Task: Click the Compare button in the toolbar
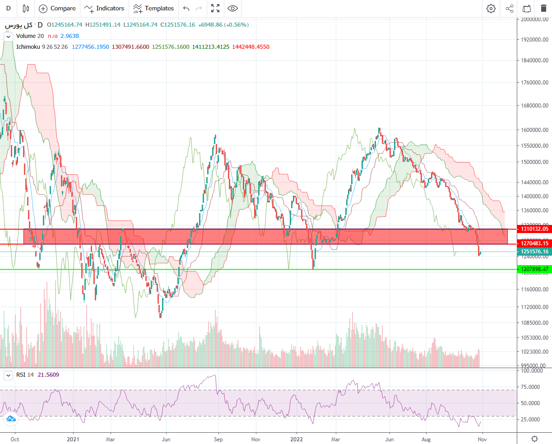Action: coord(57,9)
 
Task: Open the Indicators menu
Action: coord(104,9)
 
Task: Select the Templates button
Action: coord(153,9)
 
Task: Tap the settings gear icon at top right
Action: coord(491,9)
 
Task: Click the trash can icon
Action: coord(543,9)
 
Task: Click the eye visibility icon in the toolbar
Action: coord(232,9)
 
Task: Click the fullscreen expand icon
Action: coord(215,9)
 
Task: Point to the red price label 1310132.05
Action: coord(534,229)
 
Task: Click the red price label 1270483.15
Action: coord(534,243)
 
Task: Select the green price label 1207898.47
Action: coord(534,269)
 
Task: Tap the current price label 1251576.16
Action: coord(534,252)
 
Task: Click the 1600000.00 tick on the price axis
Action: coord(534,130)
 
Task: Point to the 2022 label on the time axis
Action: coord(296,439)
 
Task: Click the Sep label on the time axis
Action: coord(218,439)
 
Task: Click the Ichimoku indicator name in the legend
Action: coord(28,47)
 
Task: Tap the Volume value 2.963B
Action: coord(70,36)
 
